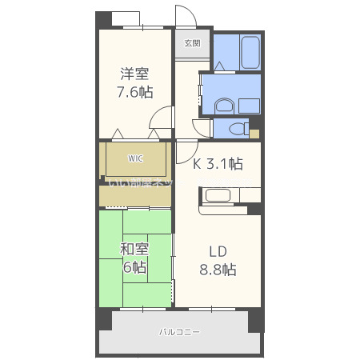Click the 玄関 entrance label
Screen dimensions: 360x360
click(x=192, y=43)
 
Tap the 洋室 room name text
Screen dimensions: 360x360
click(x=134, y=74)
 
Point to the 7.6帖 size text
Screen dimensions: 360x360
click(x=134, y=92)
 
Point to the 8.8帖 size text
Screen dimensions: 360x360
click(x=218, y=269)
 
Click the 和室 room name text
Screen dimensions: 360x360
click(x=134, y=249)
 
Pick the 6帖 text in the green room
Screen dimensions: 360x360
click(x=134, y=267)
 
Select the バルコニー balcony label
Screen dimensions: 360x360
click(x=179, y=331)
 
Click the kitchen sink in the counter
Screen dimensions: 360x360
click(x=217, y=195)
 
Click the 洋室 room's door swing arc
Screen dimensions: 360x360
click(x=162, y=118)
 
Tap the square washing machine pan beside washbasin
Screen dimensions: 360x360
click(x=249, y=104)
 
